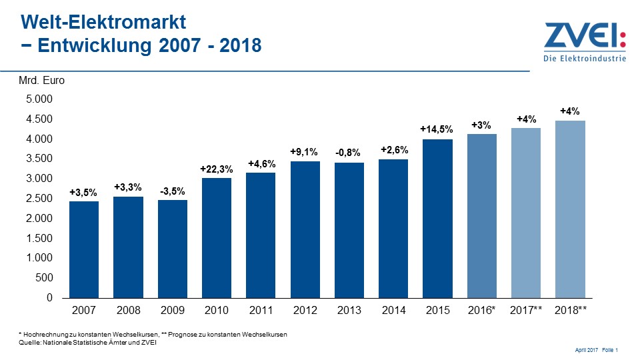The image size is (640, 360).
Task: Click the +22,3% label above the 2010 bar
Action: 217,170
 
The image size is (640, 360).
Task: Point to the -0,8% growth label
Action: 349,153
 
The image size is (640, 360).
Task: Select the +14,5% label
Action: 437,129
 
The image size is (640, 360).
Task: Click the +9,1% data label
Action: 305,152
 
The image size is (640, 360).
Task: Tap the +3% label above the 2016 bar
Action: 481,125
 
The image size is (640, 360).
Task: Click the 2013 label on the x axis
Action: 349,310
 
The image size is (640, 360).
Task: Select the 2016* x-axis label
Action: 481,310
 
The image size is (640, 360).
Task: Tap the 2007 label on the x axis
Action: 84,310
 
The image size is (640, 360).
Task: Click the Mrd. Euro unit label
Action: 41,81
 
